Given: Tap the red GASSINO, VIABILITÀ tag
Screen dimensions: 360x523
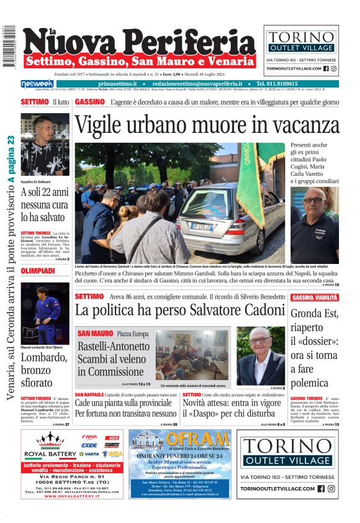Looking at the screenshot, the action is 315,298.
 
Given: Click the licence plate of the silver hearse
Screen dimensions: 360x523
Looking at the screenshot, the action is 201,227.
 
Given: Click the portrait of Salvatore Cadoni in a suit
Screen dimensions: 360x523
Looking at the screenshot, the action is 261,356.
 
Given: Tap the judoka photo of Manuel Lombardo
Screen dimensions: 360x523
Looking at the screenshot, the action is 45,314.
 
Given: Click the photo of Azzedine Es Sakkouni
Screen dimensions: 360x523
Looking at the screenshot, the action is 45,145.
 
